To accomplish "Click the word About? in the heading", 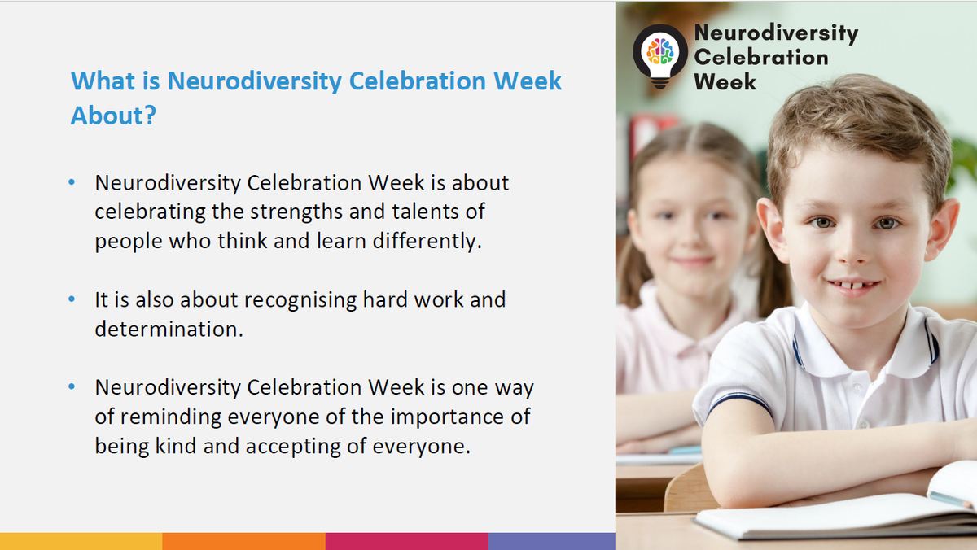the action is click(113, 116).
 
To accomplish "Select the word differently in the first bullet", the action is click(427, 241).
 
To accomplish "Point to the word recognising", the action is click(300, 301).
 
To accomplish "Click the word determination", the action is click(169, 330).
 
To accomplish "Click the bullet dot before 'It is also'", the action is click(72, 299).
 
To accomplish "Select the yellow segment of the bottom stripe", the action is click(81, 541).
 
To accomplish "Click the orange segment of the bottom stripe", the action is click(243, 541).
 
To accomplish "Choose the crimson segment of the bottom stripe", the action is click(407, 541).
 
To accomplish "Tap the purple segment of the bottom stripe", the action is click(552, 541).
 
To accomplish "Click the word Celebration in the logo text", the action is click(761, 58).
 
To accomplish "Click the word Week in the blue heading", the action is click(528, 81).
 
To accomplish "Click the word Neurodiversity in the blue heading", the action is click(254, 82).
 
